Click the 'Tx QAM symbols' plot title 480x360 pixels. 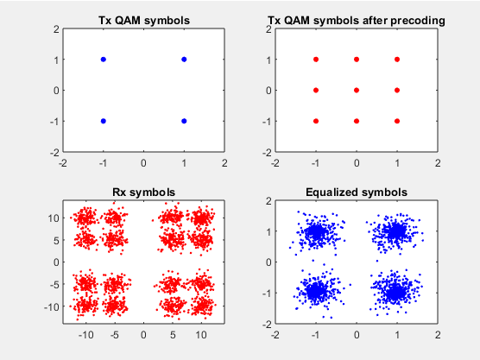coord(144,20)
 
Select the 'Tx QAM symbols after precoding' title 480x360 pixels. coord(357,20)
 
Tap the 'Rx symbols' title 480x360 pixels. coord(144,193)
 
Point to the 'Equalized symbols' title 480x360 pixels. coord(357,193)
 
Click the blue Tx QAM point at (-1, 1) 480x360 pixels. coord(104,60)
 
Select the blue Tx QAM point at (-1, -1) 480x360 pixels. coord(104,121)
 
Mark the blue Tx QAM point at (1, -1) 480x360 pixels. coord(184,121)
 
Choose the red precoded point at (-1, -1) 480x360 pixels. coord(316,121)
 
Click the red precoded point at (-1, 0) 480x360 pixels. coord(316,91)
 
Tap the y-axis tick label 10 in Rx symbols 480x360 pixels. coord(54,218)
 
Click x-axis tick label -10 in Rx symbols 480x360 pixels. coord(86,335)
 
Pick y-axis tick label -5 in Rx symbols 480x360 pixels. coord(54,284)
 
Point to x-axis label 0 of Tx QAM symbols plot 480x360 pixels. coord(143,163)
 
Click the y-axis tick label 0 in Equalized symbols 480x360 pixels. coord(268,262)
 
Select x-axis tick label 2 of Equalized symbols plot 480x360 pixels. coord(438,335)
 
